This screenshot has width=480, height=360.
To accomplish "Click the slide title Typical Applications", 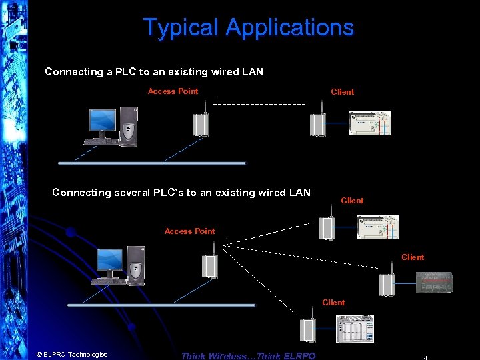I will tap(248, 28).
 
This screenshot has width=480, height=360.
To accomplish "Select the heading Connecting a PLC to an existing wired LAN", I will tap(153, 72).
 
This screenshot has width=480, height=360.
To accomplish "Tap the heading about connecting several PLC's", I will tap(181, 193).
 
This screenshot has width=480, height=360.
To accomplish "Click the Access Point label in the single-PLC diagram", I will tap(173, 91).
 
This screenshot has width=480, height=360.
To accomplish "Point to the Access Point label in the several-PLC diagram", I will tap(189, 231).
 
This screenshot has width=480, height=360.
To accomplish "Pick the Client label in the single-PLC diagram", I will tap(342, 92).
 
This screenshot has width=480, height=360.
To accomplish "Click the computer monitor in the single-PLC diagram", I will tap(104, 123).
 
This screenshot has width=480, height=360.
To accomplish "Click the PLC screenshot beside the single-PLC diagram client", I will tap(369, 123).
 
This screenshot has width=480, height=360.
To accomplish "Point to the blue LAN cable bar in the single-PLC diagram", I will tap(152, 163).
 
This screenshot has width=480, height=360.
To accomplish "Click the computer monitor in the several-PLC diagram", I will tap(110, 261).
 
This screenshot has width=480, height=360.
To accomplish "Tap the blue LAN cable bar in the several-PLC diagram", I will tap(161, 305).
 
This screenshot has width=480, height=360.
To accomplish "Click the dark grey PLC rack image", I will tap(434, 282).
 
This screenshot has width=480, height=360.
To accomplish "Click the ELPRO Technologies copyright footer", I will tap(71, 355).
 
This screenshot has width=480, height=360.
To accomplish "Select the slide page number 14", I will tap(424, 357).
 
